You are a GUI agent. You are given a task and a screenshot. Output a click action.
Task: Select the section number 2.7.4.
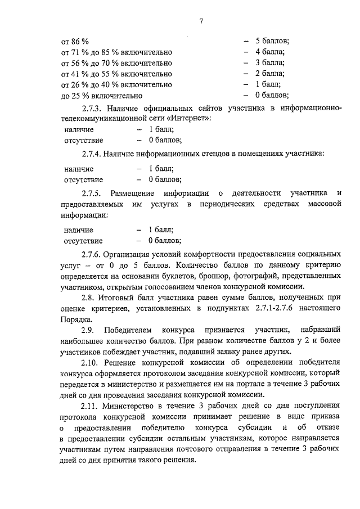93,152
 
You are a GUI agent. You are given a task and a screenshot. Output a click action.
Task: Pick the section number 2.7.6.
93,254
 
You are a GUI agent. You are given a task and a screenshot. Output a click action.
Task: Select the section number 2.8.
91,298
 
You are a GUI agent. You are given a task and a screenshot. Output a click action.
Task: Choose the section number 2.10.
93,363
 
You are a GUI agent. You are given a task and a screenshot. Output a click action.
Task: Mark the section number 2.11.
93,406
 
